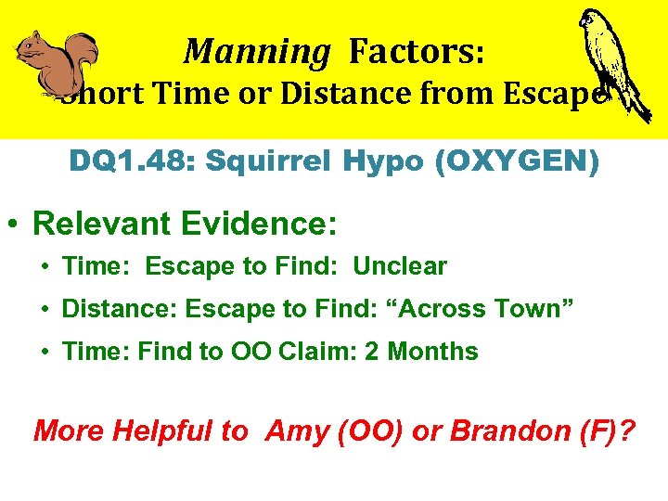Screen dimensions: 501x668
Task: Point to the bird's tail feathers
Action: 638,104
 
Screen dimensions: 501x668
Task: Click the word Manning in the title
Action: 256,51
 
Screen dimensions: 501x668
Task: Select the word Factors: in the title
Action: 416,51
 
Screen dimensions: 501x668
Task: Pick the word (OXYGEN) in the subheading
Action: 517,162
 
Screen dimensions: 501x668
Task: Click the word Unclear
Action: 400,266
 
